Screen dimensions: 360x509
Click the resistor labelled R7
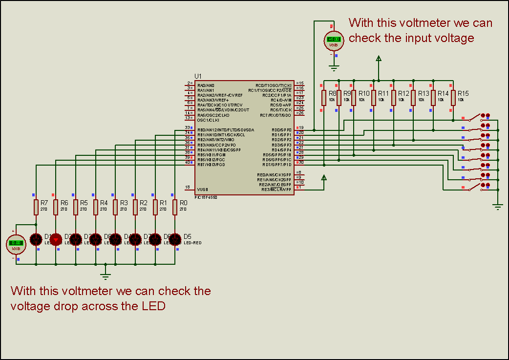click(36, 207)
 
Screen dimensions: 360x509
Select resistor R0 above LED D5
click(175, 207)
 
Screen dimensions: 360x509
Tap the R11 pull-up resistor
click(373, 98)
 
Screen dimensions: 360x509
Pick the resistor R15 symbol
click(453, 98)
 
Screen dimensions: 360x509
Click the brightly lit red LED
click(56, 239)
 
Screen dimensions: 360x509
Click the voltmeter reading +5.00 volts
click(334, 40)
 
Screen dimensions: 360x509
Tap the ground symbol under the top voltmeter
click(334, 67)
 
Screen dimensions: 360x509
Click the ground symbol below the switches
click(498, 207)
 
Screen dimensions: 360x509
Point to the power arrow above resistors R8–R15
click(378, 59)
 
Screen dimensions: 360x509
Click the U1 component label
click(198, 76)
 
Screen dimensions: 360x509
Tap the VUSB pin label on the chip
click(202, 190)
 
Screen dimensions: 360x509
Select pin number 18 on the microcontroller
click(187, 187)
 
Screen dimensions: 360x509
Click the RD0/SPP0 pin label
click(281, 130)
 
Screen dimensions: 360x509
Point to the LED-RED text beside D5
click(192, 243)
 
